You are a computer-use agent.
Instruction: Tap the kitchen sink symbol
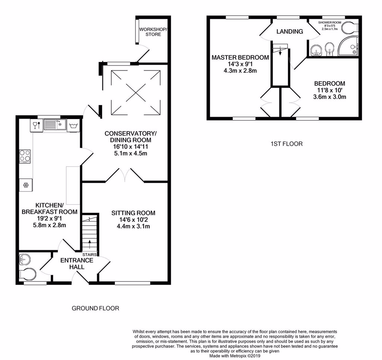click(55, 124)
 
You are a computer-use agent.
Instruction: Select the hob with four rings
click(25, 156)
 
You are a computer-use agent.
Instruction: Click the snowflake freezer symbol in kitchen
click(26, 185)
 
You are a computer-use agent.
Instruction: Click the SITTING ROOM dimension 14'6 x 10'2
click(133, 220)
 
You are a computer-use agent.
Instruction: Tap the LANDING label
click(289, 31)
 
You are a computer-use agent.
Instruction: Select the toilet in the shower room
click(351, 27)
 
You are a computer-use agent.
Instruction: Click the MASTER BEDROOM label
click(240, 58)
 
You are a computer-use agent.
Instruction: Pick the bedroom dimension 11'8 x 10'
click(329, 90)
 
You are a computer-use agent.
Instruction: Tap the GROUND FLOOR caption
click(95, 308)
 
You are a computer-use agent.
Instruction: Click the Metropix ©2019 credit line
click(235, 356)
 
